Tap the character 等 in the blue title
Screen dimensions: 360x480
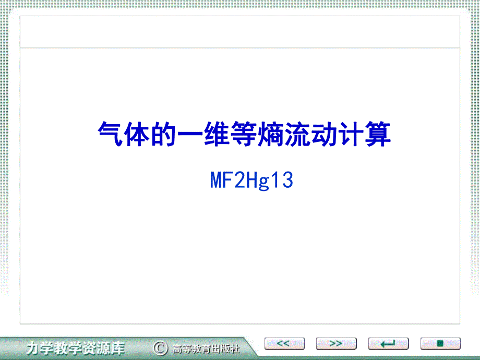(x=244, y=135)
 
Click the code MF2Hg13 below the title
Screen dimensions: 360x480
(x=252, y=181)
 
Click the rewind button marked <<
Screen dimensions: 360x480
(x=283, y=344)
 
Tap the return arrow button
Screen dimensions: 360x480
(x=388, y=344)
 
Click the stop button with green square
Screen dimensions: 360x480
(x=440, y=344)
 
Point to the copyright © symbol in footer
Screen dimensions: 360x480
(x=160, y=347)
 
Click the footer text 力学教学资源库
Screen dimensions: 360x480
(x=76, y=347)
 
